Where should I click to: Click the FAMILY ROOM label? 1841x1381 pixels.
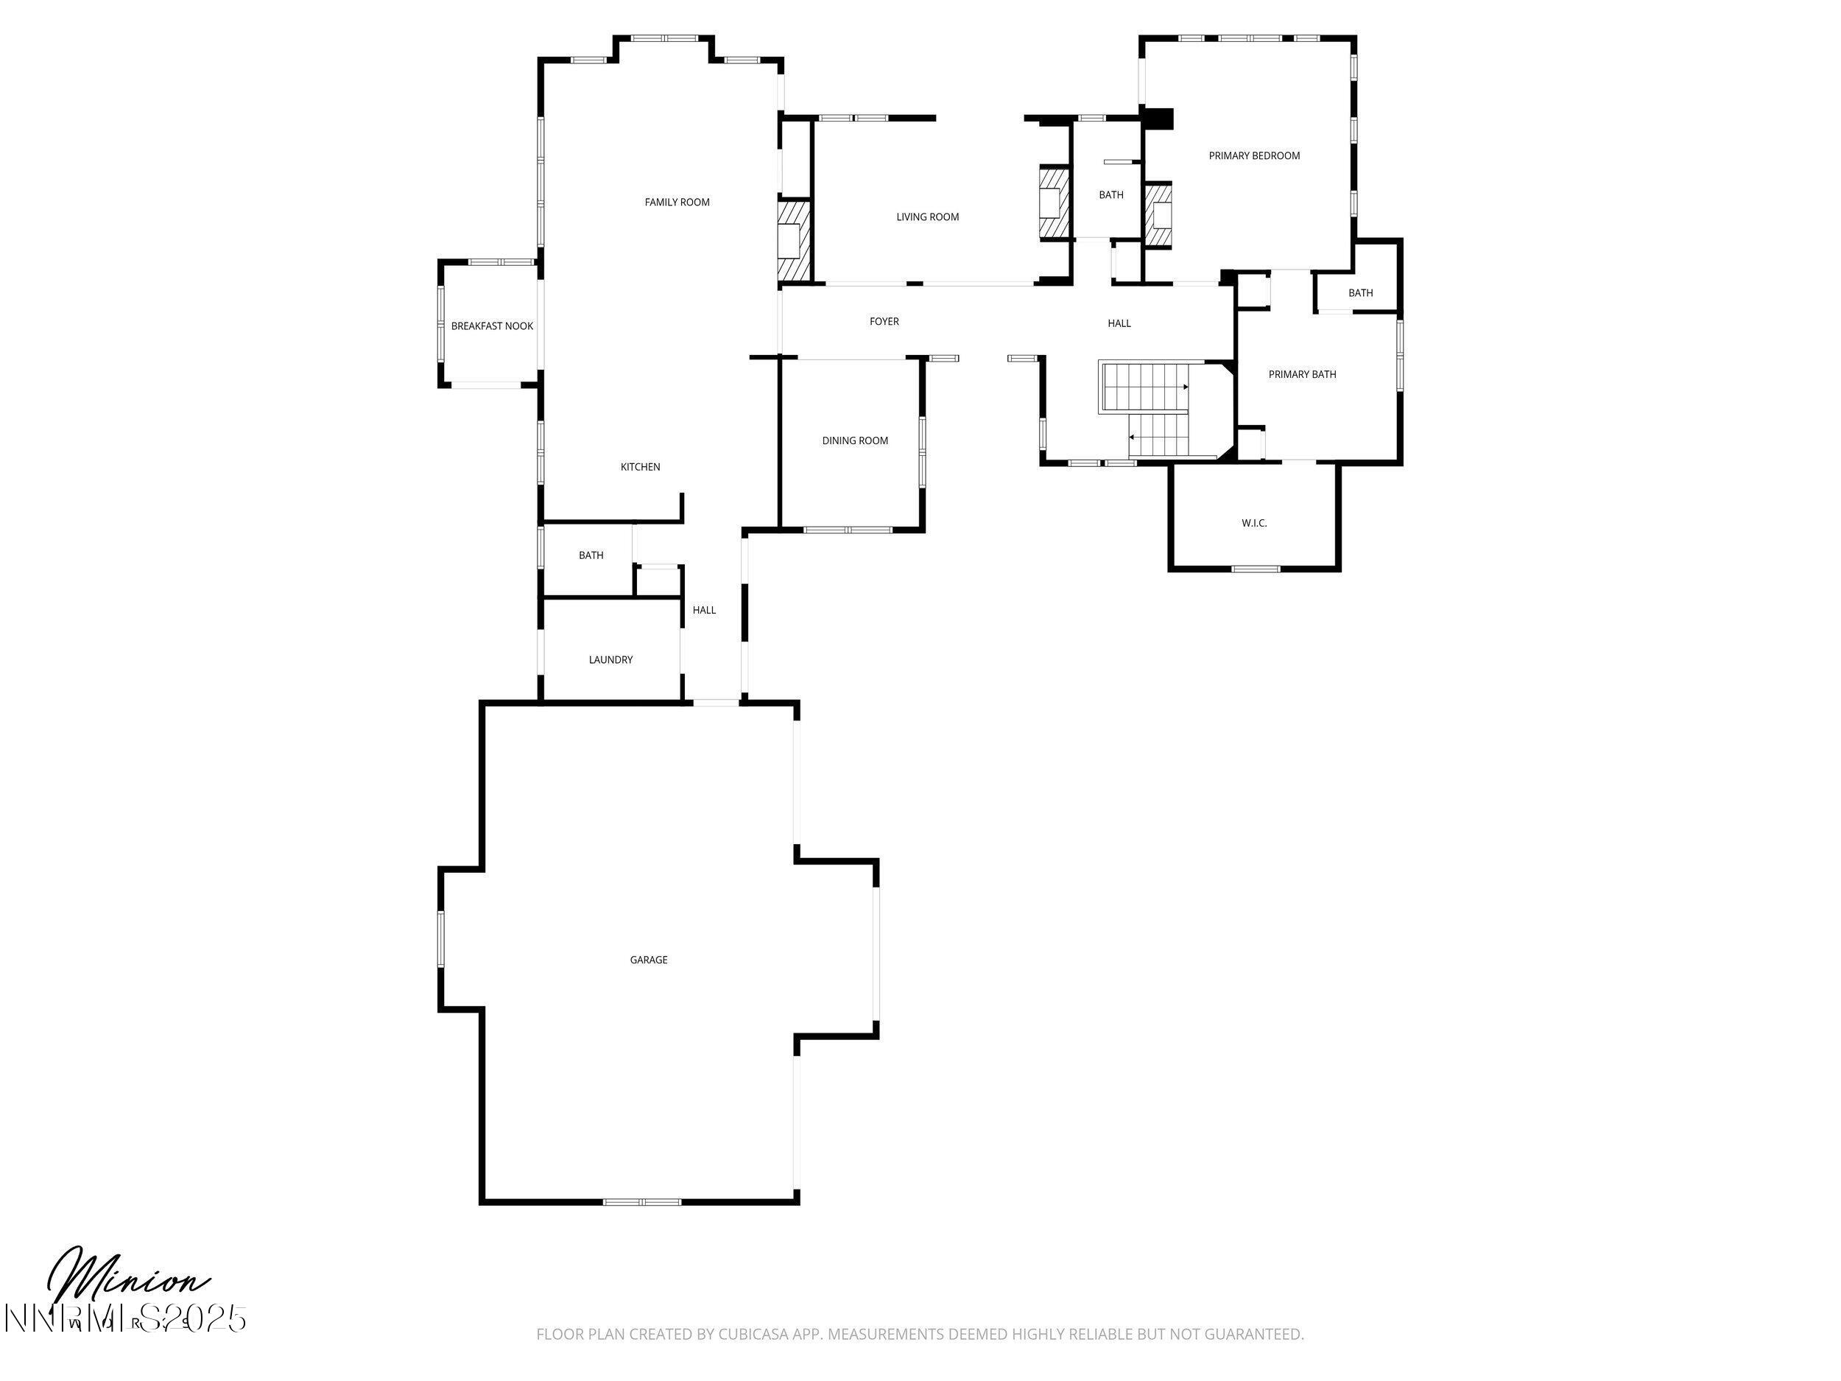(677, 203)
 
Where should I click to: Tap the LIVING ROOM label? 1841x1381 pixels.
(927, 217)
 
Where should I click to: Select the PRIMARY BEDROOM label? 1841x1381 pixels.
(1253, 155)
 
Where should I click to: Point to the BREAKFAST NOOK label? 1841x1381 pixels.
(492, 326)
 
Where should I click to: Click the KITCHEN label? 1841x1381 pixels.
(640, 467)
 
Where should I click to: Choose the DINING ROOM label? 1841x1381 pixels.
(855, 440)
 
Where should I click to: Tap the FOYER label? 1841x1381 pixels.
(884, 321)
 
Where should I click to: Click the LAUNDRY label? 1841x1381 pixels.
(610, 660)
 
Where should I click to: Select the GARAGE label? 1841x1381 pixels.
(648, 960)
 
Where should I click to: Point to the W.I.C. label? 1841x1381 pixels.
(1253, 524)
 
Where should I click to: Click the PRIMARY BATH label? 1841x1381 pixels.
(1302, 375)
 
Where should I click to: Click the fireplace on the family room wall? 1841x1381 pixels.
(792, 239)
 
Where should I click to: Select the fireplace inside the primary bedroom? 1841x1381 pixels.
(1158, 216)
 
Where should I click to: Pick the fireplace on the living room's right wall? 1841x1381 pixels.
(1052, 204)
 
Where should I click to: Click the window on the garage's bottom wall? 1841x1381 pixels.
(641, 1201)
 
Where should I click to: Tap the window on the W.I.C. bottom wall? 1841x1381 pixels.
(1255, 569)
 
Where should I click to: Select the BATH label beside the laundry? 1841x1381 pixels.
(591, 555)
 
